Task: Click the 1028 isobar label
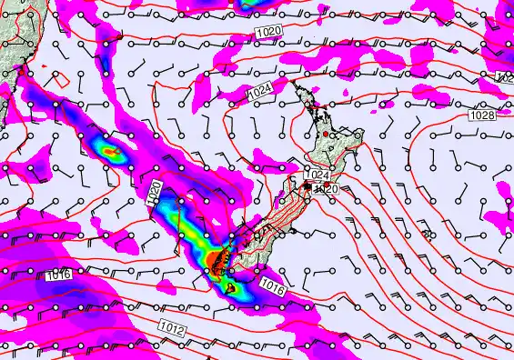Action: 483,115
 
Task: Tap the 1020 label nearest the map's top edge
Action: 269,32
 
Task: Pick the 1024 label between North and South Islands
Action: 317,175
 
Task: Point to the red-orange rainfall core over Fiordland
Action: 215,262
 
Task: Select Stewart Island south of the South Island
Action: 231,289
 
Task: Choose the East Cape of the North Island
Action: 363,136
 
